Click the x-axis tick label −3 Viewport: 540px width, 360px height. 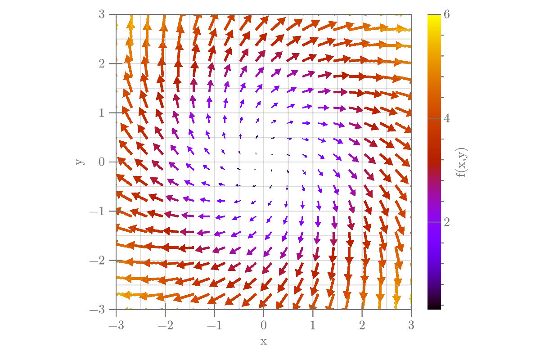click(116, 325)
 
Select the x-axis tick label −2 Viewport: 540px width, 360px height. click(165, 325)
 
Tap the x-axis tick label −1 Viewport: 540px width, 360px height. click(214, 325)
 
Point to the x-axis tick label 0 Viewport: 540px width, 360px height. click(264, 325)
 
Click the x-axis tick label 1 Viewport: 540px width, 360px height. click(313, 325)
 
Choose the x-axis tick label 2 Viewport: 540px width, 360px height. click(362, 325)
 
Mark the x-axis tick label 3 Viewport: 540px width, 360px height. click(411, 325)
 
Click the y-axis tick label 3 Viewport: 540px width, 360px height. click(102, 14)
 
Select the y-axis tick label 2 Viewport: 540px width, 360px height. click(102, 63)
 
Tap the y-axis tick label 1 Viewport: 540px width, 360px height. click(102, 112)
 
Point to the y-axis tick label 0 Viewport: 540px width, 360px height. click(102, 162)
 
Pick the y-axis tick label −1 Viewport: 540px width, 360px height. click(99, 211)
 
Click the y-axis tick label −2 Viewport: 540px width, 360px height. click(99, 260)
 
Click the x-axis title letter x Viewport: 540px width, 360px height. click(264, 341)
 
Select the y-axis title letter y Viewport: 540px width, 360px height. click(79, 162)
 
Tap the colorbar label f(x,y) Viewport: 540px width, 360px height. click(462, 162)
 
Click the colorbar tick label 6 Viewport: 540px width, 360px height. click(447, 14)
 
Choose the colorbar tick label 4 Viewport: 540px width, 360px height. click(447, 118)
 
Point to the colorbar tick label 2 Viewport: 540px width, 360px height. click(447, 222)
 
